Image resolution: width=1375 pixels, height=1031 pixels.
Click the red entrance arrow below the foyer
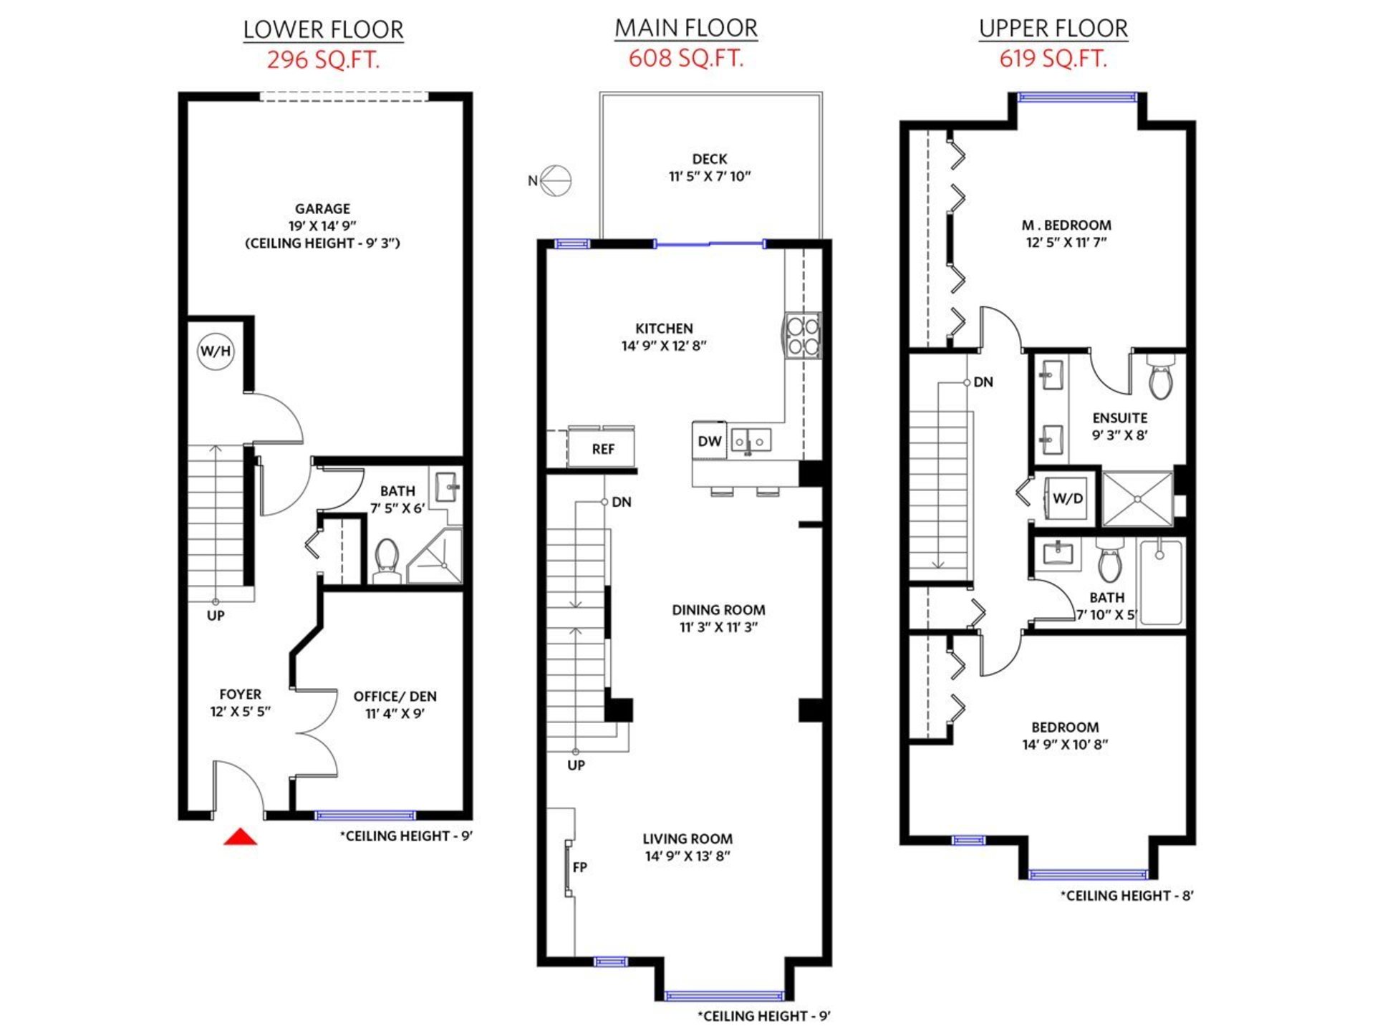pos(240,836)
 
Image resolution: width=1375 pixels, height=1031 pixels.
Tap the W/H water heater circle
pos(216,351)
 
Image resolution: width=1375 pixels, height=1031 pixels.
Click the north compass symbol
pos(556,180)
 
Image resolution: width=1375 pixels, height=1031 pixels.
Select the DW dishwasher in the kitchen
pos(710,441)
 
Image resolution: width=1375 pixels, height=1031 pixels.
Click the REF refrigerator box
pos(602,447)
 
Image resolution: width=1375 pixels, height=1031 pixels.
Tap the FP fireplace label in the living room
pos(580,867)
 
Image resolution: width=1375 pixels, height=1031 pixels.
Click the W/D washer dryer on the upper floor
pos(1068,498)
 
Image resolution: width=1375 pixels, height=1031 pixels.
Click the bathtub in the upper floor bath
pos(1161,582)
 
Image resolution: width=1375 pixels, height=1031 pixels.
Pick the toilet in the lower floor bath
pos(387,560)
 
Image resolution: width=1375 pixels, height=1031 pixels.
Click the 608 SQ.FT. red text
pos(686,58)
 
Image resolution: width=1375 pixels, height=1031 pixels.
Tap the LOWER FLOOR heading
pos(323,30)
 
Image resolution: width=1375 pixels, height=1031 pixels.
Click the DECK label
pos(710,159)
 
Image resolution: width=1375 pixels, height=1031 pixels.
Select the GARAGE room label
pos(322,208)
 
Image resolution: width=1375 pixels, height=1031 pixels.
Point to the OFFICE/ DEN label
pos(395,696)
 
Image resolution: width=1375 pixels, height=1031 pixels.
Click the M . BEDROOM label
pos(1066,225)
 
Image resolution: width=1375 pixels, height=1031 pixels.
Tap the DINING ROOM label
pos(718,610)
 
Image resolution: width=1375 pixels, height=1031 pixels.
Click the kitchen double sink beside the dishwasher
pos(750,442)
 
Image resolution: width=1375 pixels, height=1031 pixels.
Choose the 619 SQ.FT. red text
pos(1053,58)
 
